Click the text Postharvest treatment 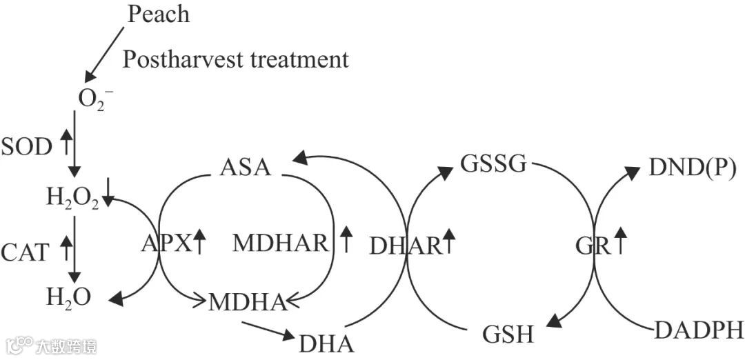tap(236, 59)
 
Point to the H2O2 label tap(72, 200)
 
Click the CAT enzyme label tap(26, 252)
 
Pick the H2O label tap(68, 299)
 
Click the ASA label tap(246, 168)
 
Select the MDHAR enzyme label tap(279, 243)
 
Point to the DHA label tap(326, 343)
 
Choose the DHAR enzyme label tap(405, 245)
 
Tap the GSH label tap(508, 336)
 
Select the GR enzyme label tap(593, 245)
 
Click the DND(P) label tap(693, 167)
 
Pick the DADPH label tap(698, 330)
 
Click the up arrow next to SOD tap(66, 143)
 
